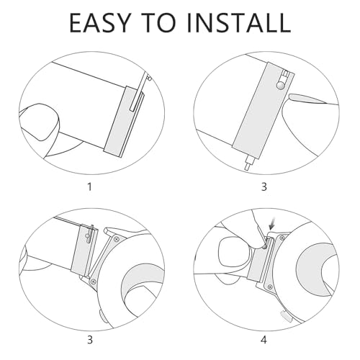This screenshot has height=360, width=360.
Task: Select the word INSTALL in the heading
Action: (241, 22)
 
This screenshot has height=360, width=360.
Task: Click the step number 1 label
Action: (90, 186)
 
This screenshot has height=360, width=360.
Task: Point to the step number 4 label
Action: (264, 340)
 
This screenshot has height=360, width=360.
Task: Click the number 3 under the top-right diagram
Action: (264, 186)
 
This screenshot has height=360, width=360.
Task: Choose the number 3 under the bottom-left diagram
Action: (90, 340)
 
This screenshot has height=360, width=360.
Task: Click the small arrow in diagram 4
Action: (272, 225)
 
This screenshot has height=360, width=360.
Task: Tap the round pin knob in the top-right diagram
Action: (280, 86)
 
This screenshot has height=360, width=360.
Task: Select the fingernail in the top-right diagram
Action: (307, 99)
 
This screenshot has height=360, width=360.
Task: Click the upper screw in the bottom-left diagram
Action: (117, 239)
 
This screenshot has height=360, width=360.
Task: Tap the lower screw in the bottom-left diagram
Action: (93, 280)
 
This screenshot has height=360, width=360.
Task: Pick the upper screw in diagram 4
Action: (282, 238)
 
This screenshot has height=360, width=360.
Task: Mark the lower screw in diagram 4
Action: (271, 287)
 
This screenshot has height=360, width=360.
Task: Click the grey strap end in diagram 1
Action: (125, 122)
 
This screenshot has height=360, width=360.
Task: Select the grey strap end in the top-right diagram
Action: (264, 110)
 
